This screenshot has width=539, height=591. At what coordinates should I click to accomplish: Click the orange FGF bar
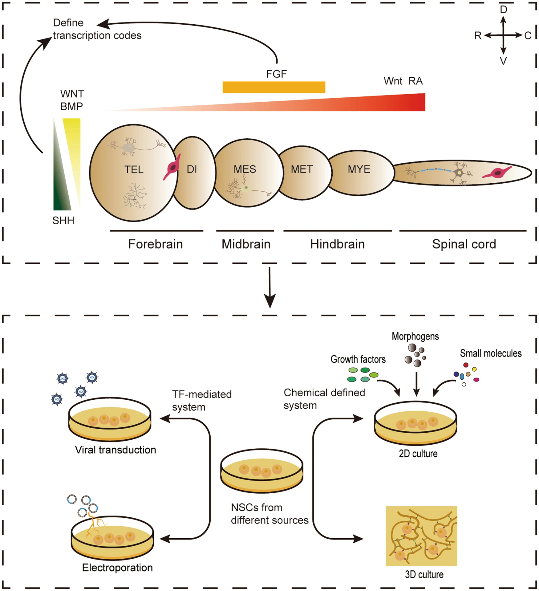coord(274,87)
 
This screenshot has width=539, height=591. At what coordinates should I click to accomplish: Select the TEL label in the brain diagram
coord(134,169)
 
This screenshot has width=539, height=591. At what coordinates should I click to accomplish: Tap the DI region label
coord(192,169)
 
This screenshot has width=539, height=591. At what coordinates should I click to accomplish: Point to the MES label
coord(245,169)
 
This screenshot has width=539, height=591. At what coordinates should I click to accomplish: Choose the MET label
coord(302,169)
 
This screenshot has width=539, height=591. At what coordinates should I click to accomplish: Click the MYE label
coord(359,169)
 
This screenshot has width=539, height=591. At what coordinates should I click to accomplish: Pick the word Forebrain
coord(155,244)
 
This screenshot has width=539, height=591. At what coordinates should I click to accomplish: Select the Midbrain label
coord(246,244)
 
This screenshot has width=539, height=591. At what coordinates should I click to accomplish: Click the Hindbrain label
coord(337,244)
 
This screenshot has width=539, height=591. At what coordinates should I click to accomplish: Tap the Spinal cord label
coord(464,244)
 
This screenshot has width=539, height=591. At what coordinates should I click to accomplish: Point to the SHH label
coord(63,221)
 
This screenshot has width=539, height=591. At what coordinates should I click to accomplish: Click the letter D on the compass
coord(503,10)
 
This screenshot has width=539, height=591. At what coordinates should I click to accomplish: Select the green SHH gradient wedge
coord(60,185)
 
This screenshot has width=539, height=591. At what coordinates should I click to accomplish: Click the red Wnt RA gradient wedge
coord(370,103)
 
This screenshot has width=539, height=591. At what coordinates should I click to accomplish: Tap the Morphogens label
coord(415,336)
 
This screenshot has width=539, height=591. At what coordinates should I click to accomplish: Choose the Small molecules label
coord(490,353)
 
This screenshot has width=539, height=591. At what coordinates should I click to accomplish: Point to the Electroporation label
coord(117,568)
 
